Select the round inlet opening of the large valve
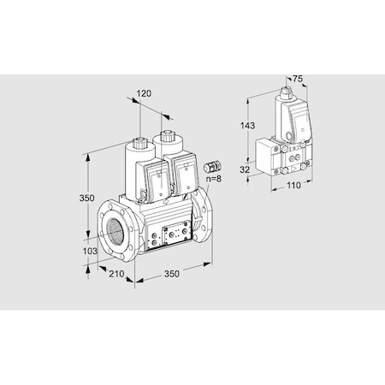click(x=113, y=232)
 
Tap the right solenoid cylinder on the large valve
click(x=165, y=144)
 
